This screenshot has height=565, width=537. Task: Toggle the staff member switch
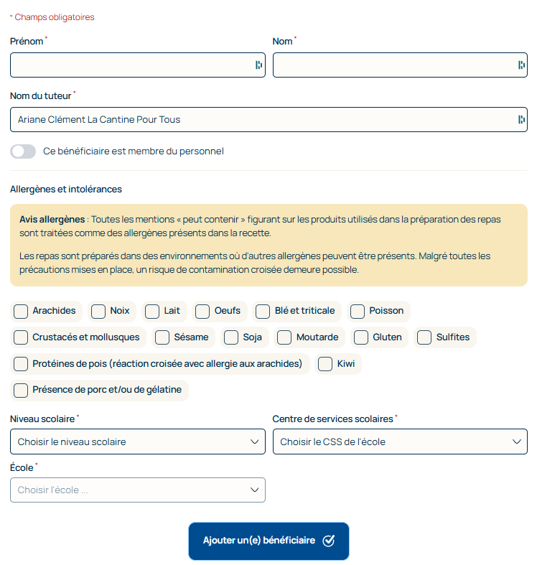pyautogui.click(x=23, y=151)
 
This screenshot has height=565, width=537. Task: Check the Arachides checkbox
pyautogui.click(x=21, y=311)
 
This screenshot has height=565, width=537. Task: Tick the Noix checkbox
pyautogui.click(x=98, y=311)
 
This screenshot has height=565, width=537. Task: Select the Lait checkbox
pyautogui.click(x=152, y=311)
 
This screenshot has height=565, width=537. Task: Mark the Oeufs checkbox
pyautogui.click(x=202, y=311)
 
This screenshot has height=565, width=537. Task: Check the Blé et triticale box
pyautogui.click(x=263, y=311)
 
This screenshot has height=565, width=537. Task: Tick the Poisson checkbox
pyautogui.click(x=358, y=311)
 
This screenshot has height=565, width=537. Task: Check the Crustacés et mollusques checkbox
pyautogui.click(x=21, y=337)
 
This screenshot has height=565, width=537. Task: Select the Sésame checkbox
pyautogui.click(x=162, y=337)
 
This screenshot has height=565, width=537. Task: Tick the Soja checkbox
pyautogui.click(x=230, y=337)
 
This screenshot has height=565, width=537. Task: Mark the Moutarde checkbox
pyautogui.click(x=284, y=337)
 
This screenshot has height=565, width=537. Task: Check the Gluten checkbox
pyautogui.click(x=361, y=337)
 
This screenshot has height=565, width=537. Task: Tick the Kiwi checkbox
pyautogui.click(x=325, y=364)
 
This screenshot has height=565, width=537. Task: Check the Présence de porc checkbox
pyautogui.click(x=21, y=391)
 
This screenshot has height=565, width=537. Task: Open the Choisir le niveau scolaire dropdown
pyautogui.click(x=138, y=442)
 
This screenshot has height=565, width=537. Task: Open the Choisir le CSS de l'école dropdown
pyautogui.click(x=400, y=442)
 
